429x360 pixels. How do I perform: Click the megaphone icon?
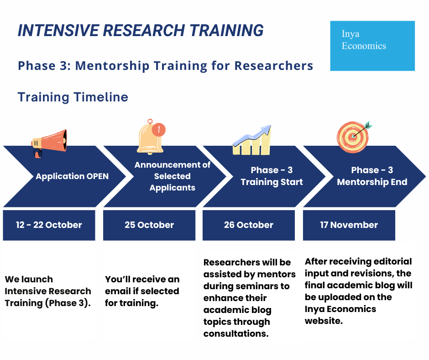coord(49,143)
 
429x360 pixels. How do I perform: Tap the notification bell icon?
coord(151,137)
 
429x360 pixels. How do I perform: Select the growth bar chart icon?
coord(252,140)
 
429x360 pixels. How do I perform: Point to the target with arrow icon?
coord(354,137)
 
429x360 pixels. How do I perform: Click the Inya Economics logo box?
coord(372,46)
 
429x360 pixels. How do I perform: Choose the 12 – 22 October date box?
coord(49,225)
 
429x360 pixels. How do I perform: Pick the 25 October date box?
coord(149,225)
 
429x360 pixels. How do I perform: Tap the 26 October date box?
coord(249,225)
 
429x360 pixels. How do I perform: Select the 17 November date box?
coord(349,225)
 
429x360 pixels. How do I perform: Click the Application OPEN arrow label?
coord(72,176)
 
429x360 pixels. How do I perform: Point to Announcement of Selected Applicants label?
coord(173,176)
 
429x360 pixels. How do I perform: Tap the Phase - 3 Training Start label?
coord(272,176)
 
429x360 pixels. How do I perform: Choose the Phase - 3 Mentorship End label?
coord(372,176)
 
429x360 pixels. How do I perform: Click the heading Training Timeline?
coord(73,97)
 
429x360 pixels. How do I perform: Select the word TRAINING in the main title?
coord(226,30)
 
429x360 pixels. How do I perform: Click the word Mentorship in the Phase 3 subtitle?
coord(112,66)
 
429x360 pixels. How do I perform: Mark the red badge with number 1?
coord(159,129)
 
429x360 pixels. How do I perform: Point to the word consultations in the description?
coord(236,334)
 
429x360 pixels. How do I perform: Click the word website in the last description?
coord(324,321)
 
